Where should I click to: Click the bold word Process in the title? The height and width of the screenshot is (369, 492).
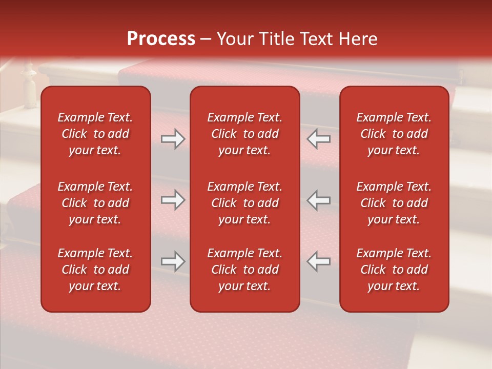(161, 39)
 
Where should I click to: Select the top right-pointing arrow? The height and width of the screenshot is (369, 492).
(173, 139)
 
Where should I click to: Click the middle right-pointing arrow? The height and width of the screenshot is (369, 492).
(173, 200)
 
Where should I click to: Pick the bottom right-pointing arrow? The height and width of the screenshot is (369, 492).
(173, 261)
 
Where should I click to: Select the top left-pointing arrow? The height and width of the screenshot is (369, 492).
(319, 139)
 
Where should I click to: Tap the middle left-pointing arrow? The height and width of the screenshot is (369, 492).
(319, 200)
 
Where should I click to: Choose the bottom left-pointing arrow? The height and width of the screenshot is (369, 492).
(319, 261)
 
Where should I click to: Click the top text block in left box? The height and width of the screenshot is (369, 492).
(95, 134)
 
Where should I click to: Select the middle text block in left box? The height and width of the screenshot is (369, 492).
(95, 203)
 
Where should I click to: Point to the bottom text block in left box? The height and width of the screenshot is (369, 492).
(95, 270)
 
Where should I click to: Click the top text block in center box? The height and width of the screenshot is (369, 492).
(244, 134)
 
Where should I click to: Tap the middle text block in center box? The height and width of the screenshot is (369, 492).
(244, 203)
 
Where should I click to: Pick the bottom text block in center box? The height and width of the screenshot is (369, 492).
(244, 270)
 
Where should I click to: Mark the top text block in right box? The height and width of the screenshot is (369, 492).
(394, 134)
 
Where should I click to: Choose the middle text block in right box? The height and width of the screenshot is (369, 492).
(394, 203)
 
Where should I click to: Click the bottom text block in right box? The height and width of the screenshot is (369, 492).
(394, 270)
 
